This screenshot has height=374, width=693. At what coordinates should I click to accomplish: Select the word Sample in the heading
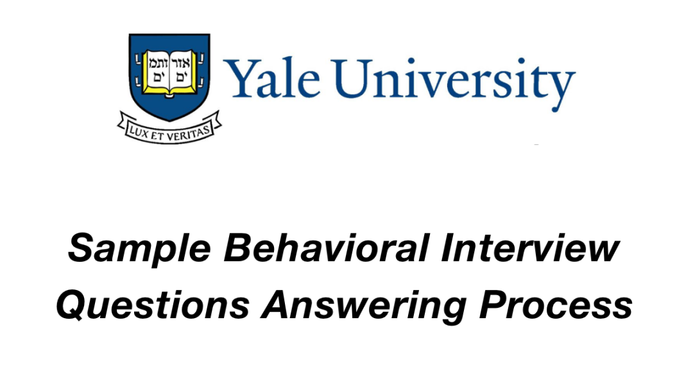click(139, 249)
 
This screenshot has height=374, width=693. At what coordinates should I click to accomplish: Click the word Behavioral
click(327, 248)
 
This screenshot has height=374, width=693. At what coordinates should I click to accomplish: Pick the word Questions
click(153, 305)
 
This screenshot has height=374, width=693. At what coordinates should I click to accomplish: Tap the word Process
click(556, 305)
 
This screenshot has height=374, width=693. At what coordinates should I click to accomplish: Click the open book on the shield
click(169, 72)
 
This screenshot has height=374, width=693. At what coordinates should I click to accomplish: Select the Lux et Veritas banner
click(169, 129)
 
